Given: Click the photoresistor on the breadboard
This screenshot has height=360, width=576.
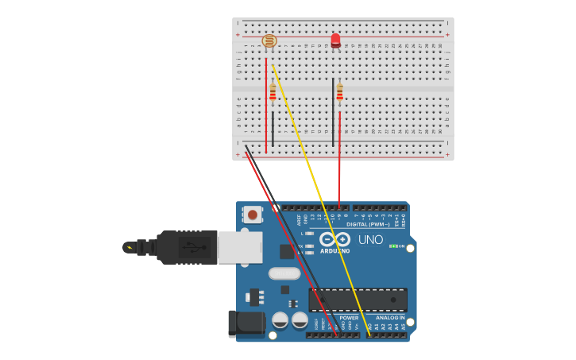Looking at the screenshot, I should coord(269,41).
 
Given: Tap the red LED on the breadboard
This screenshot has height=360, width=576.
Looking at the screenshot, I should coord(335,40).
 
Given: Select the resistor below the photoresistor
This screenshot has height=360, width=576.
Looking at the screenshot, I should coord(273,94).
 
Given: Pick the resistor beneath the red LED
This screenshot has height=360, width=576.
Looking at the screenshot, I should coord(339,94).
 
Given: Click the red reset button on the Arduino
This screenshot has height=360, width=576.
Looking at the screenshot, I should coord(253,214).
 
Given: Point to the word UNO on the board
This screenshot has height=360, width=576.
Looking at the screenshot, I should coord(370,239).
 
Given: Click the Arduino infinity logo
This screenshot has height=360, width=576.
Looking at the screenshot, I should coord(334,239).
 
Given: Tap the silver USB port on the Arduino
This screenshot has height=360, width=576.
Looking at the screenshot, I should coord(240,247).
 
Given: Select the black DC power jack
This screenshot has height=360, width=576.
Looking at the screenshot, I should coord(245,323).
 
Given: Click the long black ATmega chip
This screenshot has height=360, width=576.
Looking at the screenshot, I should coord(358,300).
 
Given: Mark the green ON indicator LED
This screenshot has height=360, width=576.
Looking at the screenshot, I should coord(393,246).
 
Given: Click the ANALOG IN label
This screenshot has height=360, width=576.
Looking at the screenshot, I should coord(390,318).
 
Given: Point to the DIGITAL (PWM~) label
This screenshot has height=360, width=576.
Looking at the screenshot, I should coord(367,225).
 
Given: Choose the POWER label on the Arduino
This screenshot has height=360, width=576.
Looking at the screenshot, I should coord(349,318).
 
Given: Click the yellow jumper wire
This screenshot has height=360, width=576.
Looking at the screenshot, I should coord(318,199).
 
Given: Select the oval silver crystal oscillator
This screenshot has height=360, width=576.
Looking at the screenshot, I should coord(284,273).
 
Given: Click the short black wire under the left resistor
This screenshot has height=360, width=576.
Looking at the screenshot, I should coord(273,127).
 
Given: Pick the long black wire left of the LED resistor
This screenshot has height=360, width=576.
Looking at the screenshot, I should coord(333,111).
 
